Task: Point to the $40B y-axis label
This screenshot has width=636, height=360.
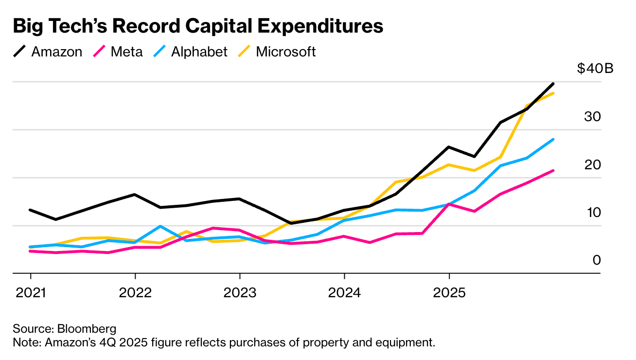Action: pos(595,69)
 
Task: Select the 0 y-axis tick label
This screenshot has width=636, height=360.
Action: pos(597,260)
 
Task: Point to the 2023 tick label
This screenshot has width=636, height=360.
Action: pos(239,293)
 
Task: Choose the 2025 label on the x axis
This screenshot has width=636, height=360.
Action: pos(448,293)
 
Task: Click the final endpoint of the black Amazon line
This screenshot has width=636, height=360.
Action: pos(553,84)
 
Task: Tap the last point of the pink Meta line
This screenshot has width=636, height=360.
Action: pos(553,170)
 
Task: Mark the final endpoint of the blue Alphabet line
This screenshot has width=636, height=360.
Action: pos(553,140)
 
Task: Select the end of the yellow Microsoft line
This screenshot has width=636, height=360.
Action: pos(553,93)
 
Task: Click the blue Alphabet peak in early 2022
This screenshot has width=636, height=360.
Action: pos(160,226)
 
